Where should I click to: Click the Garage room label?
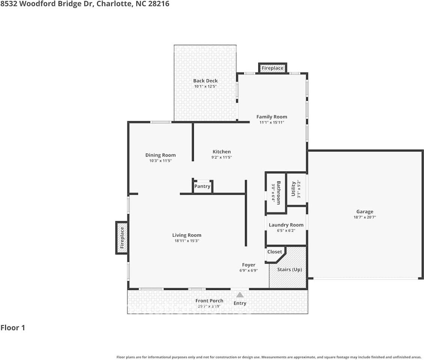tap(364, 211)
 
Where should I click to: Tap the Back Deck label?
tap(205, 81)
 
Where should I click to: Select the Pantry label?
tap(202, 186)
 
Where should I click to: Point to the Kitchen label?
tap(221, 152)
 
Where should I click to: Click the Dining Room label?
tap(160, 155)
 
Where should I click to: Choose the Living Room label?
tap(186, 235)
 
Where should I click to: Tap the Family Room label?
tap(272, 117)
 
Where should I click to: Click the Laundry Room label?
tap(286, 225)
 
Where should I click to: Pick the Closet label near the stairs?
tap(275, 252)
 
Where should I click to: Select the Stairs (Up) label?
tap(289, 269)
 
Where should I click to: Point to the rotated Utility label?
tap(293, 189)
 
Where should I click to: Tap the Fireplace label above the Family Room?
tap(272, 68)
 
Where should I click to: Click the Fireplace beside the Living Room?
tap(122, 238)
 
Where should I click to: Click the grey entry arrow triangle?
tap(240, 295)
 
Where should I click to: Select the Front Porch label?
tap(209, 301)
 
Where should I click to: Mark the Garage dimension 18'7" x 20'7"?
tap(364, 217)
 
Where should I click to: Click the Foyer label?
tap(248, 265)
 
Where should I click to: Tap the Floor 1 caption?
tap(13, 328)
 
